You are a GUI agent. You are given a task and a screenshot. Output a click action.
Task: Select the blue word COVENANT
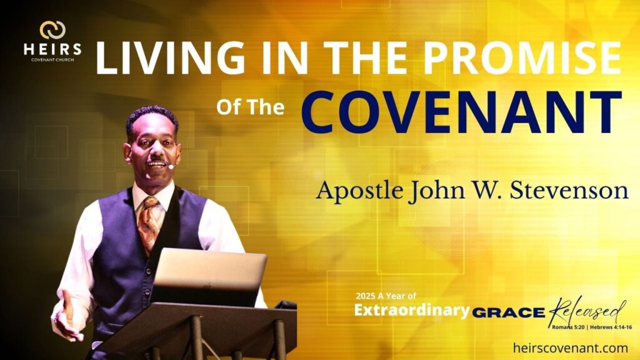(x=462, y=112)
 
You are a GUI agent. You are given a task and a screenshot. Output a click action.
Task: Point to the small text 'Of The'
(x=250, y=107)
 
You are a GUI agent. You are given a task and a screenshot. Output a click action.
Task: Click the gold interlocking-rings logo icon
(x=52, y=30)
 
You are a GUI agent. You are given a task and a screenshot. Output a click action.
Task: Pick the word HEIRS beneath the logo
(x=52, y=49)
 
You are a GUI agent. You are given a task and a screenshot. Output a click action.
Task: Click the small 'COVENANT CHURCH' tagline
(x=52, y=60)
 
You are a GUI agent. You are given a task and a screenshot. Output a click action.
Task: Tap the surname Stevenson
(x=569, y=190)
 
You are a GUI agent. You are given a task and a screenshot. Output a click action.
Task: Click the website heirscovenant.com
(x=571, y=347)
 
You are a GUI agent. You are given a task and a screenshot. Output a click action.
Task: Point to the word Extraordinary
(x=412, y=310)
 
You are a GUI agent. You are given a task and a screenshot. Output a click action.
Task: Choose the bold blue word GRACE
(x=509, y=312)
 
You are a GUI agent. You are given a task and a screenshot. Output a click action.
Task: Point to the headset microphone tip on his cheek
(x=171, y=166)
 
